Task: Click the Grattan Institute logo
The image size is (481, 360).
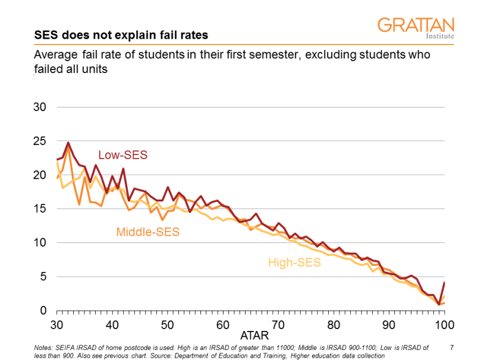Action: click(416, 27)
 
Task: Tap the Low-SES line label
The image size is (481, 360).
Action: click(122, 155)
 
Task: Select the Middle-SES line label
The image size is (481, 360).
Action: click(148, 232)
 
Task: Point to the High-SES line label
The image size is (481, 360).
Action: click(294, 262)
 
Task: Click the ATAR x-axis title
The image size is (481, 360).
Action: click(250, 336)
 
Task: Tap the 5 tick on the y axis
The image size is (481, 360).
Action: click(42, 277)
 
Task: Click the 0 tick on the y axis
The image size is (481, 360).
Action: click(42, 311)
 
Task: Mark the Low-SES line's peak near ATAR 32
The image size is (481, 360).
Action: click(68, 143)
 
